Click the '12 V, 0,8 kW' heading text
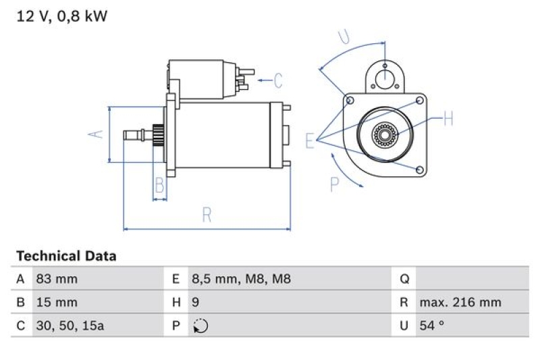click(x=61, y=16)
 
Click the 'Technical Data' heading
click(x=66, y=256)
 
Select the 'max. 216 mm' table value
click(x=460, y=302)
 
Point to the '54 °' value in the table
click(x=432, y=325)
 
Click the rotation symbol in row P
click(x=200, y=326)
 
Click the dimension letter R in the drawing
click(x=207, y=215)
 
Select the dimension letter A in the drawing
click(x=97, y=134)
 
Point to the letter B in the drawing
click(x=160, y=184)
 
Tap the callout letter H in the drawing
click(x=447, y=120)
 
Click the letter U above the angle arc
click(x=345, y=37)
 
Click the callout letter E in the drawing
click(x=310, y=140)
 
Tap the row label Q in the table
click(x=405, y=279)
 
